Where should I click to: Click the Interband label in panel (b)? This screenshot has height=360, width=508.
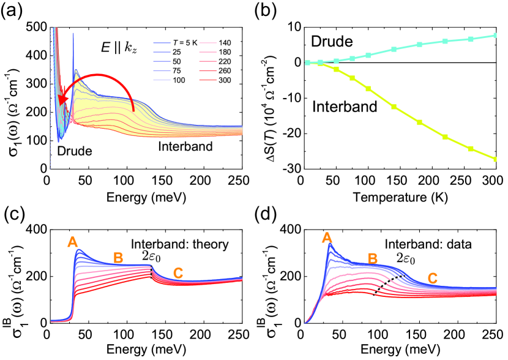click(x=345, y=108)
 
